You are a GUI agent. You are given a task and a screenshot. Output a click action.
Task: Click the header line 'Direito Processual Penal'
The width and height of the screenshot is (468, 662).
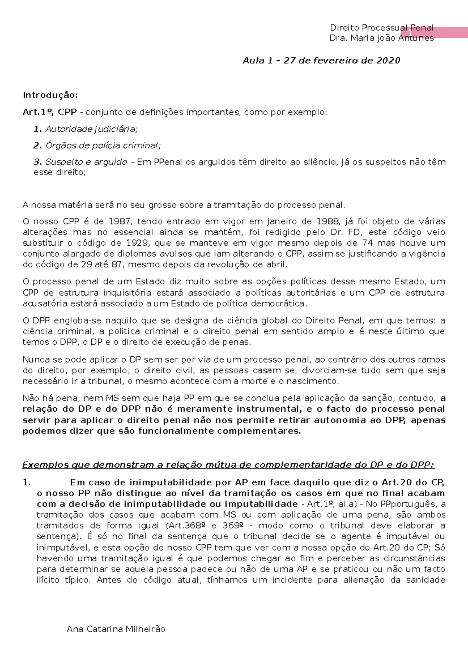click(381, 28)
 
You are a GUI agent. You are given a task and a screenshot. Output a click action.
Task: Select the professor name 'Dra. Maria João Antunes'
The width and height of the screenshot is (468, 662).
click(381, 38)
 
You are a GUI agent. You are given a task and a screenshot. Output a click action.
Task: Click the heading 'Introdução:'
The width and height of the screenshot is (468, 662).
click(50, 95)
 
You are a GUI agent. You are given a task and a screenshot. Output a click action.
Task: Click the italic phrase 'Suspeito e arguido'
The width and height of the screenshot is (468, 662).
click(86, 162)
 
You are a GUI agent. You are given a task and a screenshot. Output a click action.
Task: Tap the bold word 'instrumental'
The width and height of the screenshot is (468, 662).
click(269, 409)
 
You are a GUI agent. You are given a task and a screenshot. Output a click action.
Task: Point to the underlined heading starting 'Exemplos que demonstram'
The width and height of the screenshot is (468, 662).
click(228, 465)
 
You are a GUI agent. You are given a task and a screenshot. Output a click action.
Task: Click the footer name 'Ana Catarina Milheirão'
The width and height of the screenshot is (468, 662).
click(116, 629)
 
